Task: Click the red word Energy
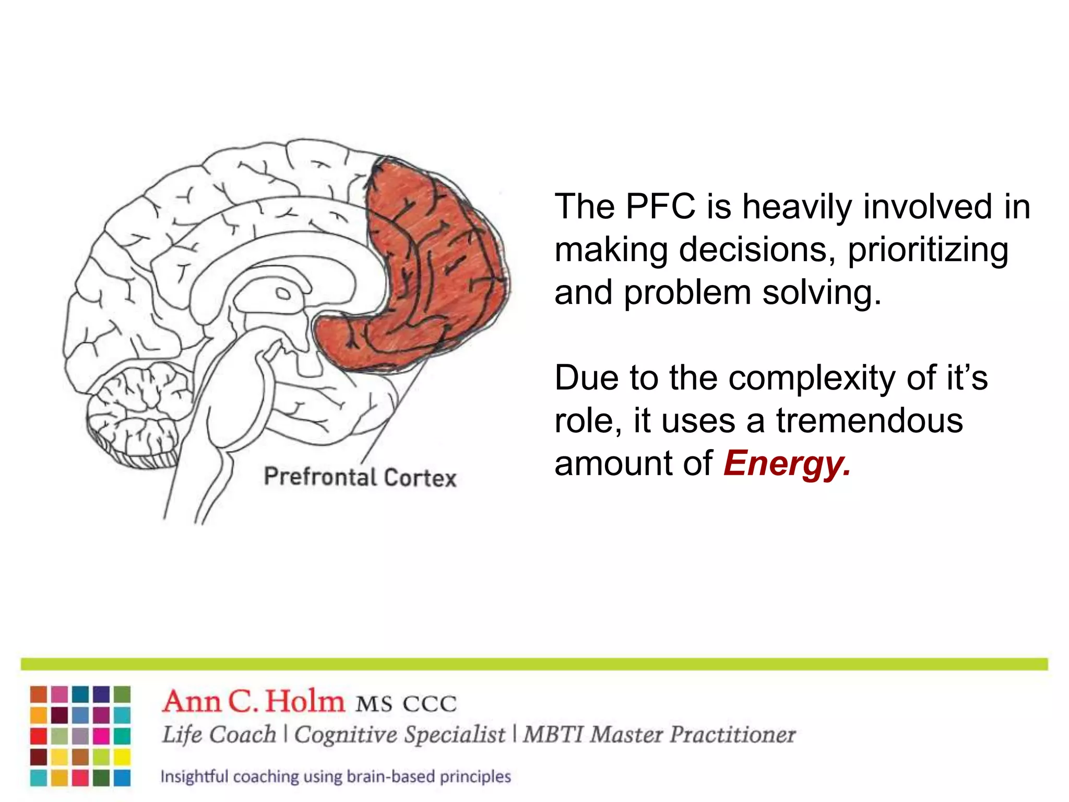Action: click(x=786, y=464)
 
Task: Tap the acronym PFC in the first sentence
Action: click(x=660, y=207)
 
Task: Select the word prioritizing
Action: click(x=928, y=250)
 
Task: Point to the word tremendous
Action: click(x=869, y=420)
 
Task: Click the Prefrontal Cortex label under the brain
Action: click(x=360, y=477)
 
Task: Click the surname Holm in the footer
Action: click(x=305, y=701)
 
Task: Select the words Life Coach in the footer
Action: click(x=219, y=735)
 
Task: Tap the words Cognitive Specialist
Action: click(x=399, y=735)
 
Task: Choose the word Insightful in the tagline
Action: click(x=194, y=776)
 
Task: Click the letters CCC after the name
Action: click(x=430, y=704)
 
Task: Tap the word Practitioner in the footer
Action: click(x=732, y=735)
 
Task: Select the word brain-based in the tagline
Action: click(x=390, y=776)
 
